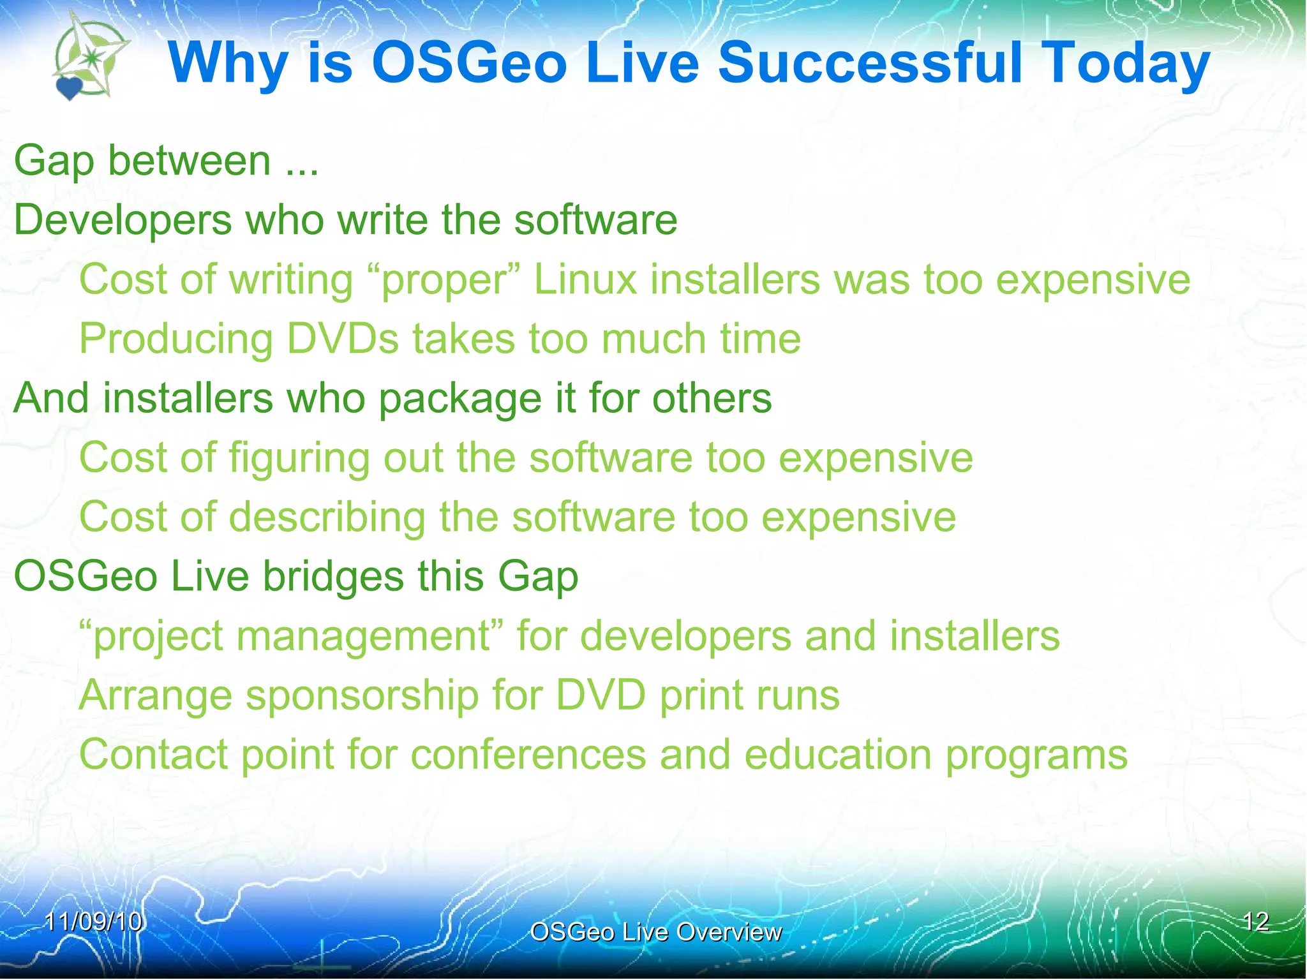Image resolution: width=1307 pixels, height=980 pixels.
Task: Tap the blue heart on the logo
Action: coord(69,88)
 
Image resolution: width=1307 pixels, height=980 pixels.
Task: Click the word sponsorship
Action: coord(362,696)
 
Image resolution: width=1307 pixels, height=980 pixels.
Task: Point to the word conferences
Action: coord(528,755)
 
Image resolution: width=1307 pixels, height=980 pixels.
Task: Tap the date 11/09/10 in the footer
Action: coord(94,921)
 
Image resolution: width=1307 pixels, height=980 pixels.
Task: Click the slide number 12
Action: coord(1255,921)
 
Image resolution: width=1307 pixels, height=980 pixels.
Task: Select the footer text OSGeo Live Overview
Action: coord(655,932)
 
